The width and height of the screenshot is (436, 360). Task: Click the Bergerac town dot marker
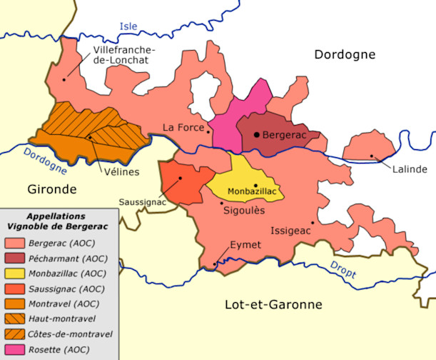point(256,135)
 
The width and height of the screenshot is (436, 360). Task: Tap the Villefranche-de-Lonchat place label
point(128,55)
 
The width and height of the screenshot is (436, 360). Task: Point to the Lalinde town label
point(410,169)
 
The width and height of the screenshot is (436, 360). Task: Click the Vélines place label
point(119,172)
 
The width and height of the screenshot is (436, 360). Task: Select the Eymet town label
point(245,246)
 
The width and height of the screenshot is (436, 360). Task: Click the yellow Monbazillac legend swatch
point(14,272)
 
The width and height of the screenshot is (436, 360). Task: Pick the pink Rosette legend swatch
point(14,349)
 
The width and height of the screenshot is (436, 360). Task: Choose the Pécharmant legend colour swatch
point(14,257)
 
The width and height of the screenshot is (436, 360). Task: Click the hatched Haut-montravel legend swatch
point(14,319)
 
